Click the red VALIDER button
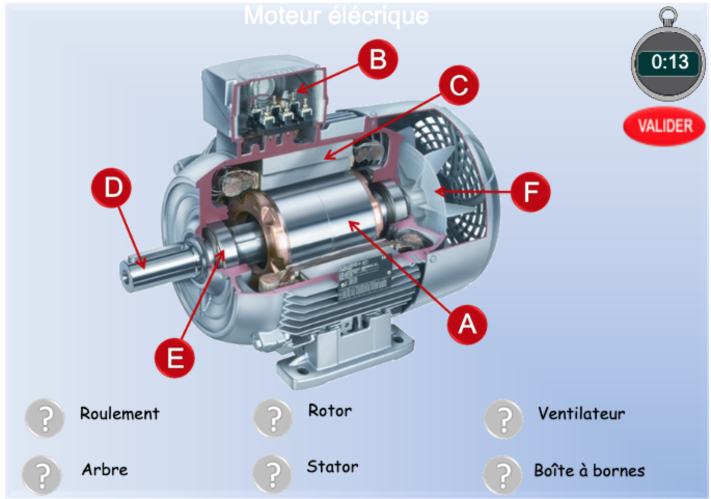(664, 126)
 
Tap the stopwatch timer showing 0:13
(669, 62)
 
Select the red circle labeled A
(467, 324)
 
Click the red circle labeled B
(378, 59)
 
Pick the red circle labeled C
(459, 85)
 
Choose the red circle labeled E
(175, 357)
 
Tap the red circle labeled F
(530, 192)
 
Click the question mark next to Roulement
(45, 418)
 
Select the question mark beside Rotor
(274, 418)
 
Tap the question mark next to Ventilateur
(503, 419)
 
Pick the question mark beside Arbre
(42, 474)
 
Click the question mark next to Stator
(272, 474)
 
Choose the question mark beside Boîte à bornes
(502, 474)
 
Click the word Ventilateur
(581, 413)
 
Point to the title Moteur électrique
(336, 16)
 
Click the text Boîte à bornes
(589, 470)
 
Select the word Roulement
(119, 413)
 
